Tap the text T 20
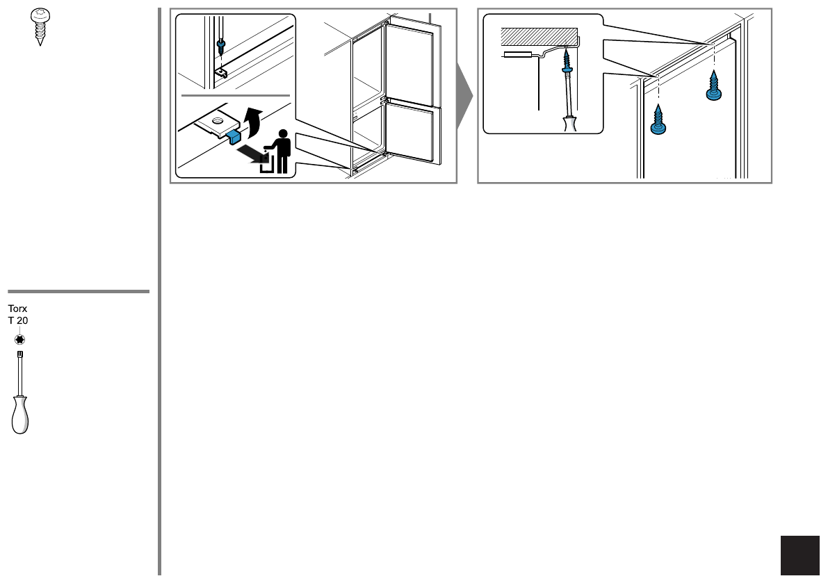tap(18, 320)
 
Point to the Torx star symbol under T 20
tap(19, 339)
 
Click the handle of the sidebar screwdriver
tap(20, 415)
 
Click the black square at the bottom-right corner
tap(799, 555)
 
